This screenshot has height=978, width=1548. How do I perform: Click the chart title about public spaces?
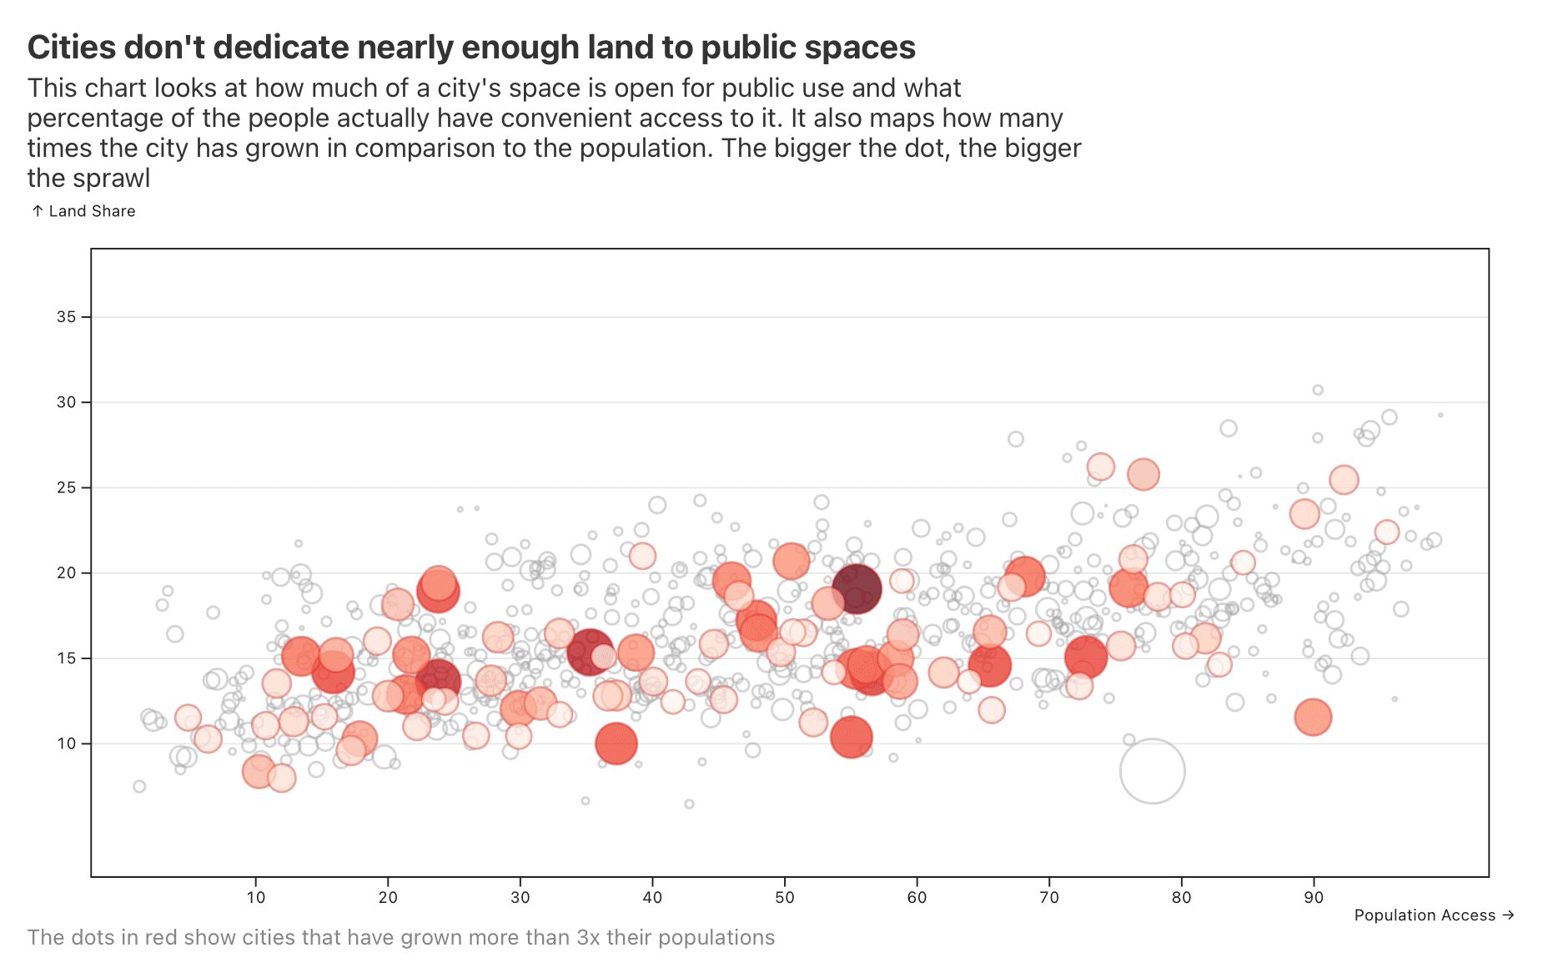tap(471, 48)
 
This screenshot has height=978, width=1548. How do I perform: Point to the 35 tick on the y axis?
tap(66, 317)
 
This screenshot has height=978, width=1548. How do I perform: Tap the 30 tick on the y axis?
tap(66, 402)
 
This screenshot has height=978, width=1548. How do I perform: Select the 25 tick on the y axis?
tap(66, 487)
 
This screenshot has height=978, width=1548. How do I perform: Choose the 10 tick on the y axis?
tap(66, 744)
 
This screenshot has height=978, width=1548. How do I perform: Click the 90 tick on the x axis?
tap(1314, 898)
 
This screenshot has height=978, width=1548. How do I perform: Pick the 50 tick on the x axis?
tap(785, 898)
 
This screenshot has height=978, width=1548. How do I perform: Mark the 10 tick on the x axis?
tap(256, 898)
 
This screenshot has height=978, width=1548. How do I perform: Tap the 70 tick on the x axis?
tap(1049, 898)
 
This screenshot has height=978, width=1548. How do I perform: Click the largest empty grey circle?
tap(1152, 771)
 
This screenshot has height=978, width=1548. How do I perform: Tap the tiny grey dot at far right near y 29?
tap(1440, 415)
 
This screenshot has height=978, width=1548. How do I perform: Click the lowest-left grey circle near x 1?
tap(139, 786)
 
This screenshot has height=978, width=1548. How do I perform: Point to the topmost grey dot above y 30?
tap(1318, 390)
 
